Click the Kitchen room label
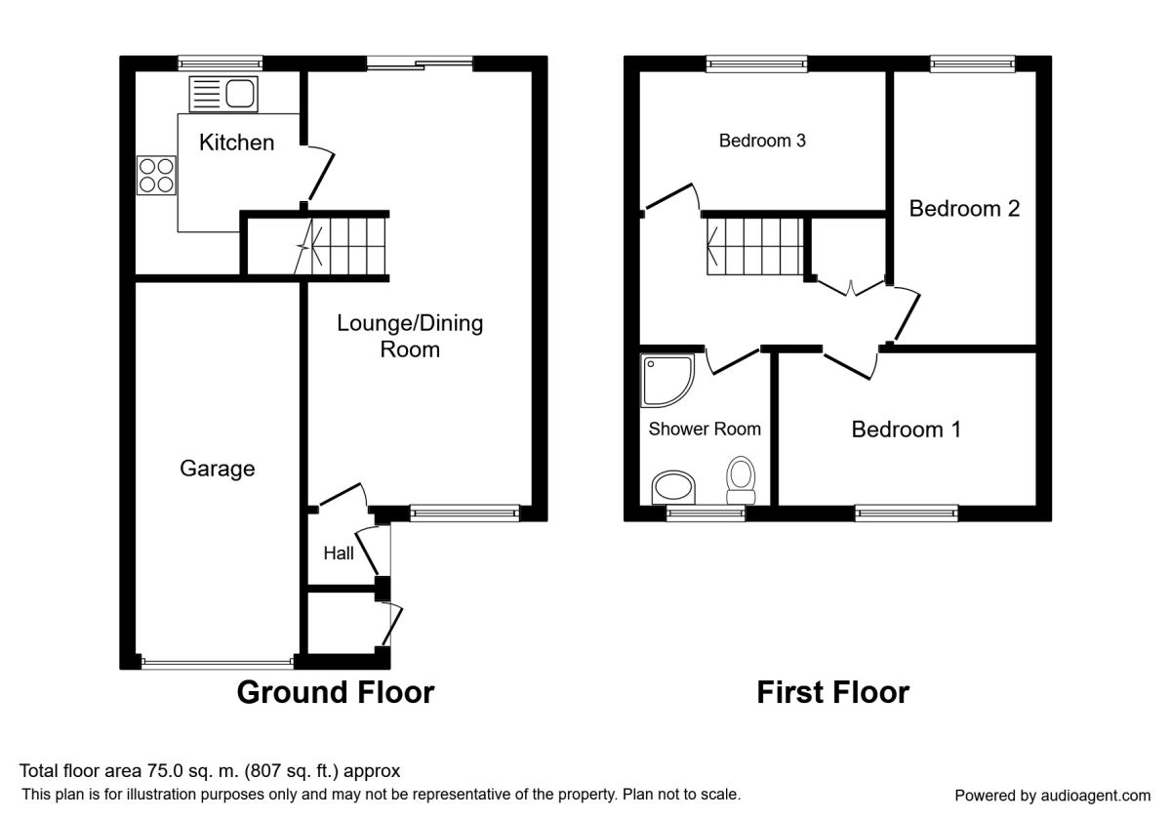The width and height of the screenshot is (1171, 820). [237, 143]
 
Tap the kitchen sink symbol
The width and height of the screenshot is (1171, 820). [223, 94]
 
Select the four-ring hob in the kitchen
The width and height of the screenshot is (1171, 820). [156, 175]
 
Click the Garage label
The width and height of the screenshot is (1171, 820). [218, 469]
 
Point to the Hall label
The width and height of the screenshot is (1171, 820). [339, 553]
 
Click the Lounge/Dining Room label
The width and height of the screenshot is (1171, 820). [410, 336]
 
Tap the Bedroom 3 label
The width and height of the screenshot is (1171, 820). [762, 141]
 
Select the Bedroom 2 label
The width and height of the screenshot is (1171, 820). [964, 209]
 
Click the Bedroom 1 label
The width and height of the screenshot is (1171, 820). [907, 430]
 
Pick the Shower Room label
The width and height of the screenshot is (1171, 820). [705, 429]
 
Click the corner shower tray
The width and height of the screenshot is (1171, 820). [667, 381]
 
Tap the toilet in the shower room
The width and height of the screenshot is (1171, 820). [741, 480]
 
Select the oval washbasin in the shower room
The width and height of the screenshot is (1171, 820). [673, 487]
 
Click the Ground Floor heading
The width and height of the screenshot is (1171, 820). [336, 692]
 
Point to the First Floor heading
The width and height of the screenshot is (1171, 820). [833, 692]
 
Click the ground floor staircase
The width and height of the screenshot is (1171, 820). [341, 246]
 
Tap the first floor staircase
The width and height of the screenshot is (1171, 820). [755, 246]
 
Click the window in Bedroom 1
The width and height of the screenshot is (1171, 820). [907, 513]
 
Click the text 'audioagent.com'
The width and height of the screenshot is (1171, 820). [1096, 796]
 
